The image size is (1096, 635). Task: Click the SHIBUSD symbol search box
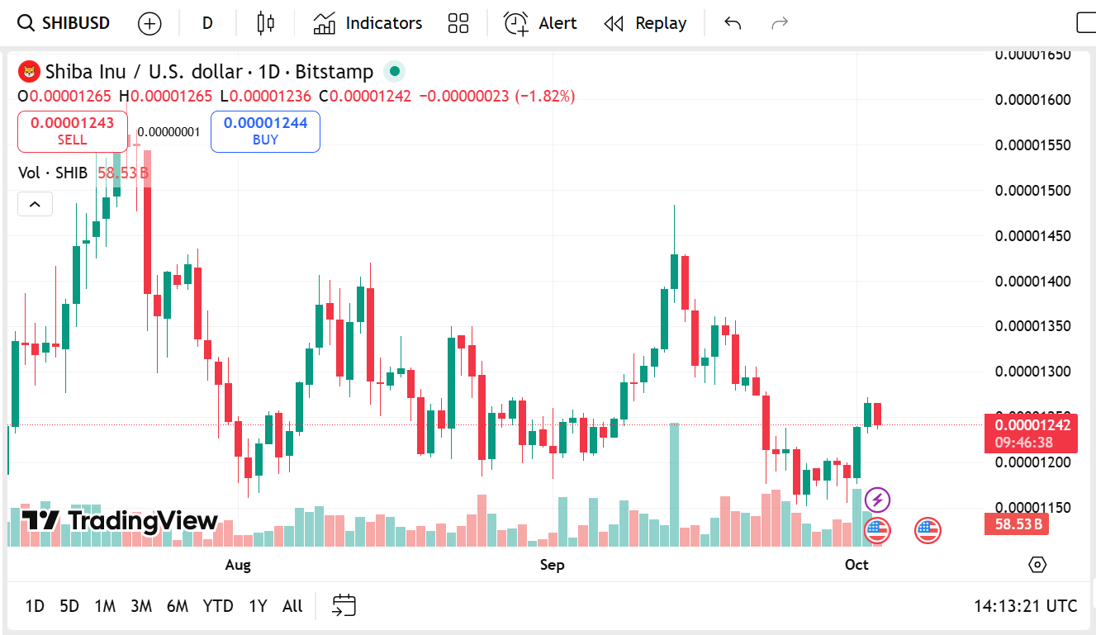[x=64, y=23]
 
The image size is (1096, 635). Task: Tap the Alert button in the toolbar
[x=540, y=23]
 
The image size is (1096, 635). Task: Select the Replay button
[x=646, y=23]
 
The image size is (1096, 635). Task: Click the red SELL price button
[x=73, y=131]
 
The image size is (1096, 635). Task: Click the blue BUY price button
[x=265, y=131]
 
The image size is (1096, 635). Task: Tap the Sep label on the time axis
[x=552, y=565]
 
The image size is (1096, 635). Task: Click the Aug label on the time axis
[x=238, y=565]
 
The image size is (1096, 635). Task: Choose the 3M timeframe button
[x=141, y=606]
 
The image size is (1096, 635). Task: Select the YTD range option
[x=218, y=606]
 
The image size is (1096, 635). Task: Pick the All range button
[x=292, y=606]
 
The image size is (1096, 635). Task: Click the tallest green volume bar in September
[x=674, y=484]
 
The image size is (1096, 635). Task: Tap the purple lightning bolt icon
[x=877, y=500]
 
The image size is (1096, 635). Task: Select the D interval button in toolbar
[x=207, y=23]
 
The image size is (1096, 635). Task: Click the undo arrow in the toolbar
[x=732, y=23]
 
